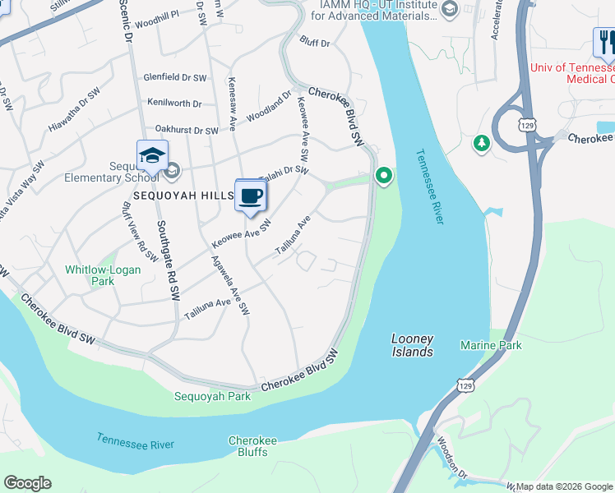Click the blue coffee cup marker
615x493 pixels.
(251, 196)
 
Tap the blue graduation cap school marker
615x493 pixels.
(152, 156)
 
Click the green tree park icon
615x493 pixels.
(481, 144)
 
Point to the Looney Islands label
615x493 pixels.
(412, 345)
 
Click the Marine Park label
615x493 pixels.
(491, 345)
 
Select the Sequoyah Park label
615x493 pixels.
(212, 396)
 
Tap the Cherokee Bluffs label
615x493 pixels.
(252, 446)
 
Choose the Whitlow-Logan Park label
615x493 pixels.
(102, 275)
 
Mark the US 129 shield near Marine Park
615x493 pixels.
(466, 385)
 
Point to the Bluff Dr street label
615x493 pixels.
(315, 42)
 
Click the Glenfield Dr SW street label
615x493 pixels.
(174, 77)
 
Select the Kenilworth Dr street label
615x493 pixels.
(174, 104)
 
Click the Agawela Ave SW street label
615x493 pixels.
(230, 284)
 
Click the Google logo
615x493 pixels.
(27, 483)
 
